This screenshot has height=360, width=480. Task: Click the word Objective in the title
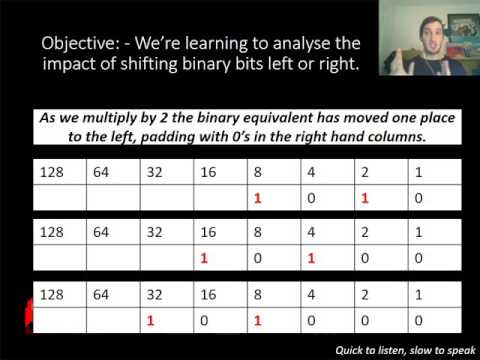(x=77, y=45)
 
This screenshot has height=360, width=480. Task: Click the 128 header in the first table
(x=51, y=172)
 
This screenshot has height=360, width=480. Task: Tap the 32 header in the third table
(x=154, y=295)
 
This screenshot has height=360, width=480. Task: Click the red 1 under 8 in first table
(x=257, y=198)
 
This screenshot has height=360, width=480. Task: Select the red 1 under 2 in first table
(x=365, y=198)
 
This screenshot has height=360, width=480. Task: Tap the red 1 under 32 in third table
(x=150, y=321)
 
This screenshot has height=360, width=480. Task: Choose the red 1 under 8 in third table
(x=257, y=321)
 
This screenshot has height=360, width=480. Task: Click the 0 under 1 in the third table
(x=418, y=321)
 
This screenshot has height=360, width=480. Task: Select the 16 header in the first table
(x=207, y=172)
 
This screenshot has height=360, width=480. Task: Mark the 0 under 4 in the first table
(x=311, y=198)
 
